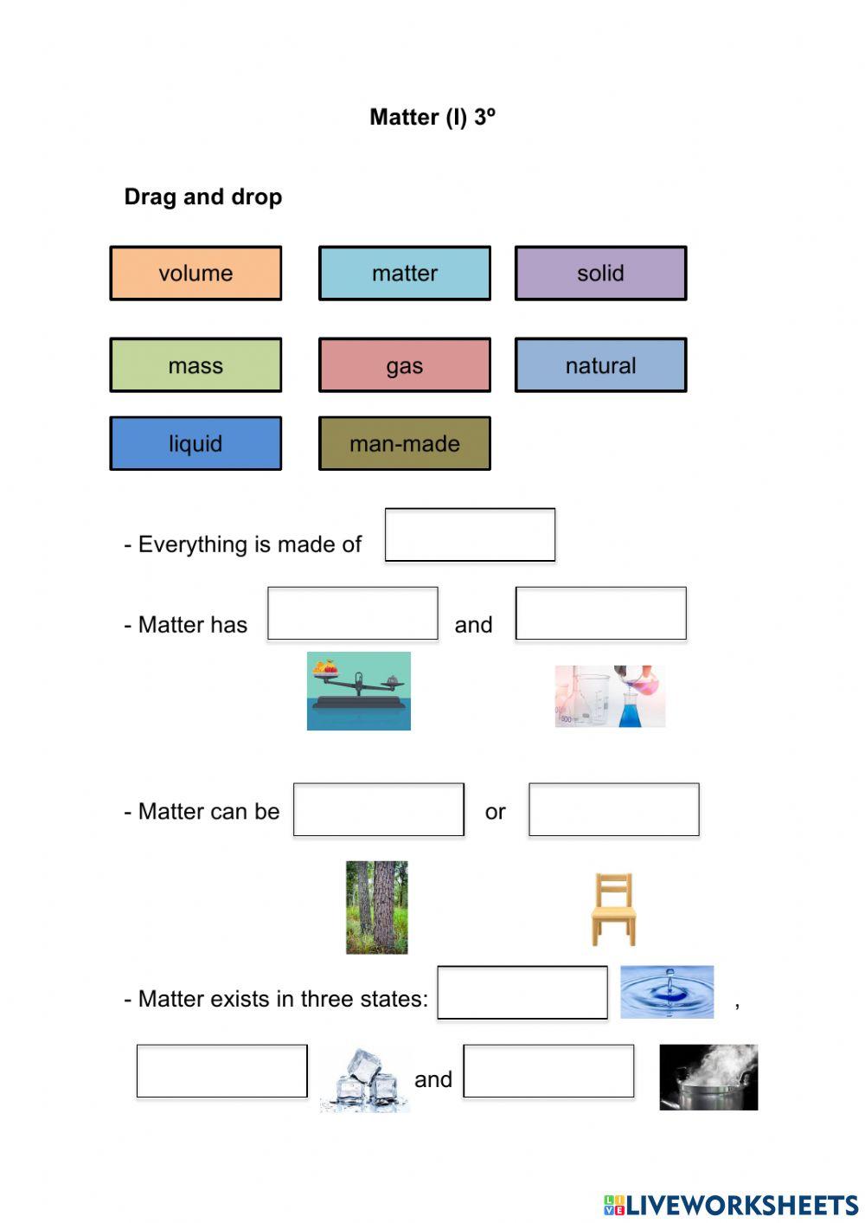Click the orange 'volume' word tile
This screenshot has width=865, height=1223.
(195, 274)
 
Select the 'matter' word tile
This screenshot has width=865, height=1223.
(405, 274)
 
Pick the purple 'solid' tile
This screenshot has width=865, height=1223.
(600, 274)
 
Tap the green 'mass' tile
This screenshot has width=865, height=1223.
(195, 365)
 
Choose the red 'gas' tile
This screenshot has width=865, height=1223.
(405, 365)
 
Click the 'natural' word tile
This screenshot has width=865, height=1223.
(600, 365)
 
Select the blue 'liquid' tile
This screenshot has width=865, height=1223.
(195, 443)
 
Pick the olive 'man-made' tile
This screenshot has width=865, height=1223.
(405, 443)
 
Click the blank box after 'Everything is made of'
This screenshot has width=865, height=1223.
(470, 535)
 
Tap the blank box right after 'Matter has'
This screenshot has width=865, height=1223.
(353, 614)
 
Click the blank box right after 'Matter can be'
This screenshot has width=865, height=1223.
(379, 810)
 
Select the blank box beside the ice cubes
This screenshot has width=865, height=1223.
(222, 1072)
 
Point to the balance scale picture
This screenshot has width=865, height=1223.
(359, 691)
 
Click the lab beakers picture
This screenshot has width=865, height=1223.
(610, 696)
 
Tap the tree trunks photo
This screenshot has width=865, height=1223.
(377, 907)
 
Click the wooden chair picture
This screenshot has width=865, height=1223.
(613, 909)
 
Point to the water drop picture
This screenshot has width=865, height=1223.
(667, 992)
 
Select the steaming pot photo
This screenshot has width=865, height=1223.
(708, 1078)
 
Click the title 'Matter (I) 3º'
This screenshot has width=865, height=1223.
(432, 117)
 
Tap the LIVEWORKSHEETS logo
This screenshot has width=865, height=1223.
(731, 1205)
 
